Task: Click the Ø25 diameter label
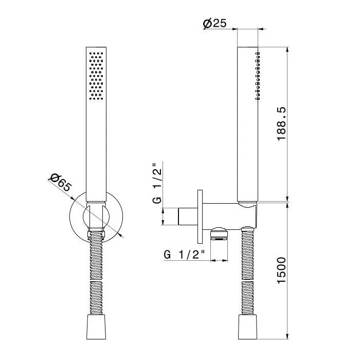coord(214,24)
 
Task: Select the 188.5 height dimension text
coord(281,123)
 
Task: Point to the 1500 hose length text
coord(281,271)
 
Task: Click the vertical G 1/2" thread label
coord(157,183)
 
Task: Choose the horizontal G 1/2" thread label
coord(184,255)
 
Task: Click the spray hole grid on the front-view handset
coord(96,76)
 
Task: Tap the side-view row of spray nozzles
coord(258,76)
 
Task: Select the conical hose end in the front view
coord(96,327)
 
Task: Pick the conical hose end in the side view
coord(247,327)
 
